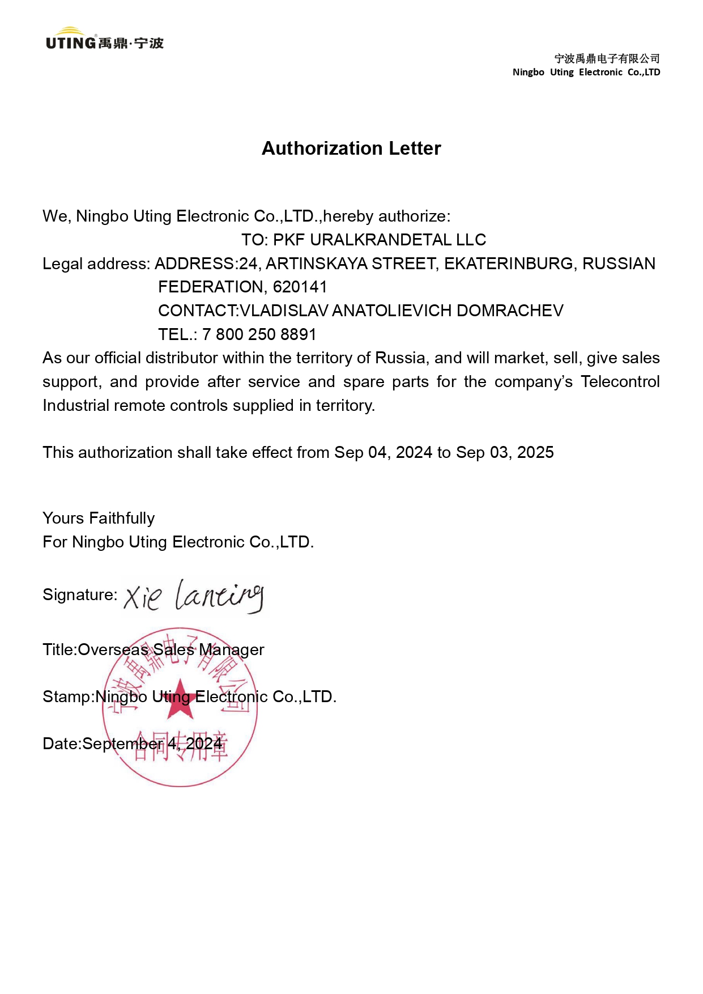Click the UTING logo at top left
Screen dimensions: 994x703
(104, 40)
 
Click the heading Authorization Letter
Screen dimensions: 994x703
(351, 148)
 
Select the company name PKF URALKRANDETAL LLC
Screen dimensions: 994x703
(380, 240)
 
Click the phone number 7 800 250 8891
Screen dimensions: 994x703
(259, 334)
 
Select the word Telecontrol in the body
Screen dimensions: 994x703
(620, 381)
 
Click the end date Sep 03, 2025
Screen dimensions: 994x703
(505, 452)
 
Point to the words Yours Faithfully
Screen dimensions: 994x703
(99, 518)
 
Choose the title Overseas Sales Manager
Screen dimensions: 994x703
(171, 649)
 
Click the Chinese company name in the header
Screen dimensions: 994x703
(607, 58)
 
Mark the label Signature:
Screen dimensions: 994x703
(80, 594)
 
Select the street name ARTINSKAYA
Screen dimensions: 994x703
(314, 264)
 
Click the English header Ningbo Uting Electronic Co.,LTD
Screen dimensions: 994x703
(586, 72)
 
